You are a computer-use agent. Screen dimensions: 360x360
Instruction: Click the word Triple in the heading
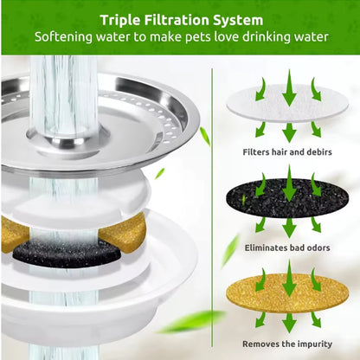(124, 19)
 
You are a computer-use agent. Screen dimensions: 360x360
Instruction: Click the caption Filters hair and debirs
(286, 151)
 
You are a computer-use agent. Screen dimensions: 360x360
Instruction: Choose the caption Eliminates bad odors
(286, 247)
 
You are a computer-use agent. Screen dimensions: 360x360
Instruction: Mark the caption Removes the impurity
(286, 342)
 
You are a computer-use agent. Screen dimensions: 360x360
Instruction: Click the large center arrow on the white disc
(289, 88)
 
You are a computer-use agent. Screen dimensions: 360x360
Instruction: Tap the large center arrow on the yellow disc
(289, 279)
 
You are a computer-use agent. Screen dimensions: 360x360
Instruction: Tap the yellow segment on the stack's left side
(15, 232)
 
